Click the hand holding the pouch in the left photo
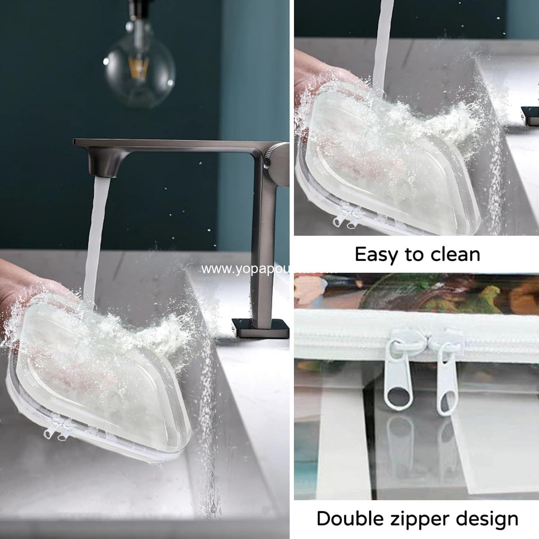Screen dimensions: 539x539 22,287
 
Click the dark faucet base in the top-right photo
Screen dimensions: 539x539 530,115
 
